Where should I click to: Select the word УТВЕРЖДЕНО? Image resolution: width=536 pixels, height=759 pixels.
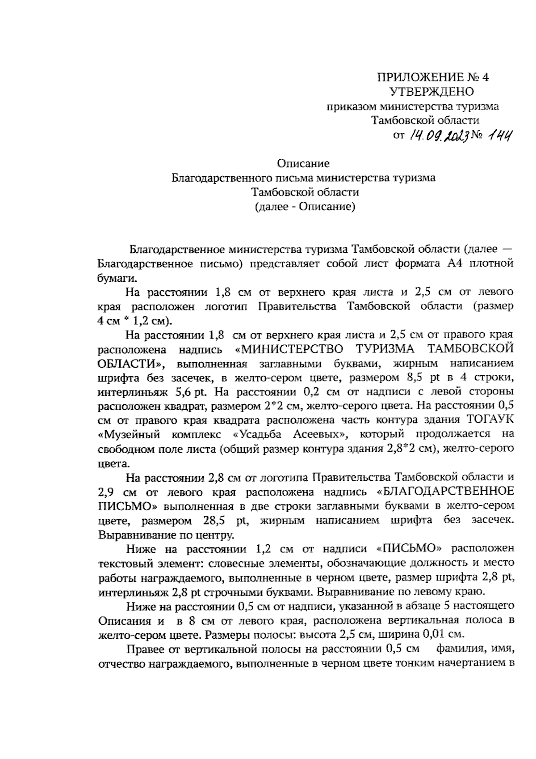tap(432, 92)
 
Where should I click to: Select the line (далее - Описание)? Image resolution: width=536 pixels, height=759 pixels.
tap(304, 207)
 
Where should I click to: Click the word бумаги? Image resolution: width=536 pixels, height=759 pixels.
tap(113, 278)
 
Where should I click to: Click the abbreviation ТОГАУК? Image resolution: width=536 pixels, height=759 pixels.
tap(490, 420)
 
